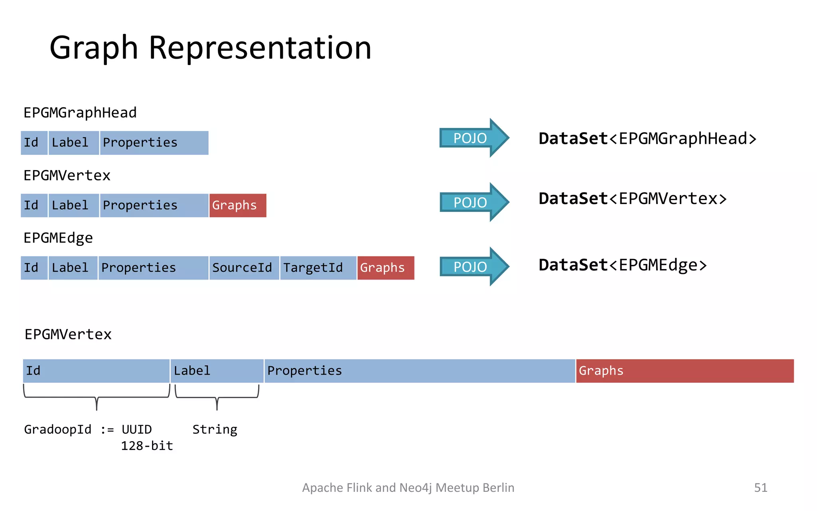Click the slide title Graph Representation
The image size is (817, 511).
click(x=210, y=48)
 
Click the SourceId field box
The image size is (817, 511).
click(x=244, y=268)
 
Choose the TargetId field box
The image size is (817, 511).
click(x=318, y=268)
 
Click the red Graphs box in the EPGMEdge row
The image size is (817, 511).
click(x=385, y=268)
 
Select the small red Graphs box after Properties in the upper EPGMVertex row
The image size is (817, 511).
click(x=237, y=206)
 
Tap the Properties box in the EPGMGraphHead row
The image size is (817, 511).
click(x=154, y=143)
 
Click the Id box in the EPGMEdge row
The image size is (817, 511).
click(x=34, y=268)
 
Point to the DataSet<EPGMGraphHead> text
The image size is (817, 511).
click(x=647, y=139)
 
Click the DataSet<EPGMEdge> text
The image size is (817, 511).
click(x=622, y=265)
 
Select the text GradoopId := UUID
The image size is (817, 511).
click(x=88, y=430)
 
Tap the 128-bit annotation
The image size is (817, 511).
click(x=147, y=446)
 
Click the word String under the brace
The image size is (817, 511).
click(x=215, y=430)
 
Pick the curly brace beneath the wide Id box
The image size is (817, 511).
click(x=97, y=397)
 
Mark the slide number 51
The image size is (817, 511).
click(x=760, y=487)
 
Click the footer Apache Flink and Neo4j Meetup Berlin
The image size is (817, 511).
click(x=408, y=487)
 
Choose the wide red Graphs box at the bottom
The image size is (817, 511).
click(x=685, y=371)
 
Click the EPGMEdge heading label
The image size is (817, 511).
click(x=58, y=238)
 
